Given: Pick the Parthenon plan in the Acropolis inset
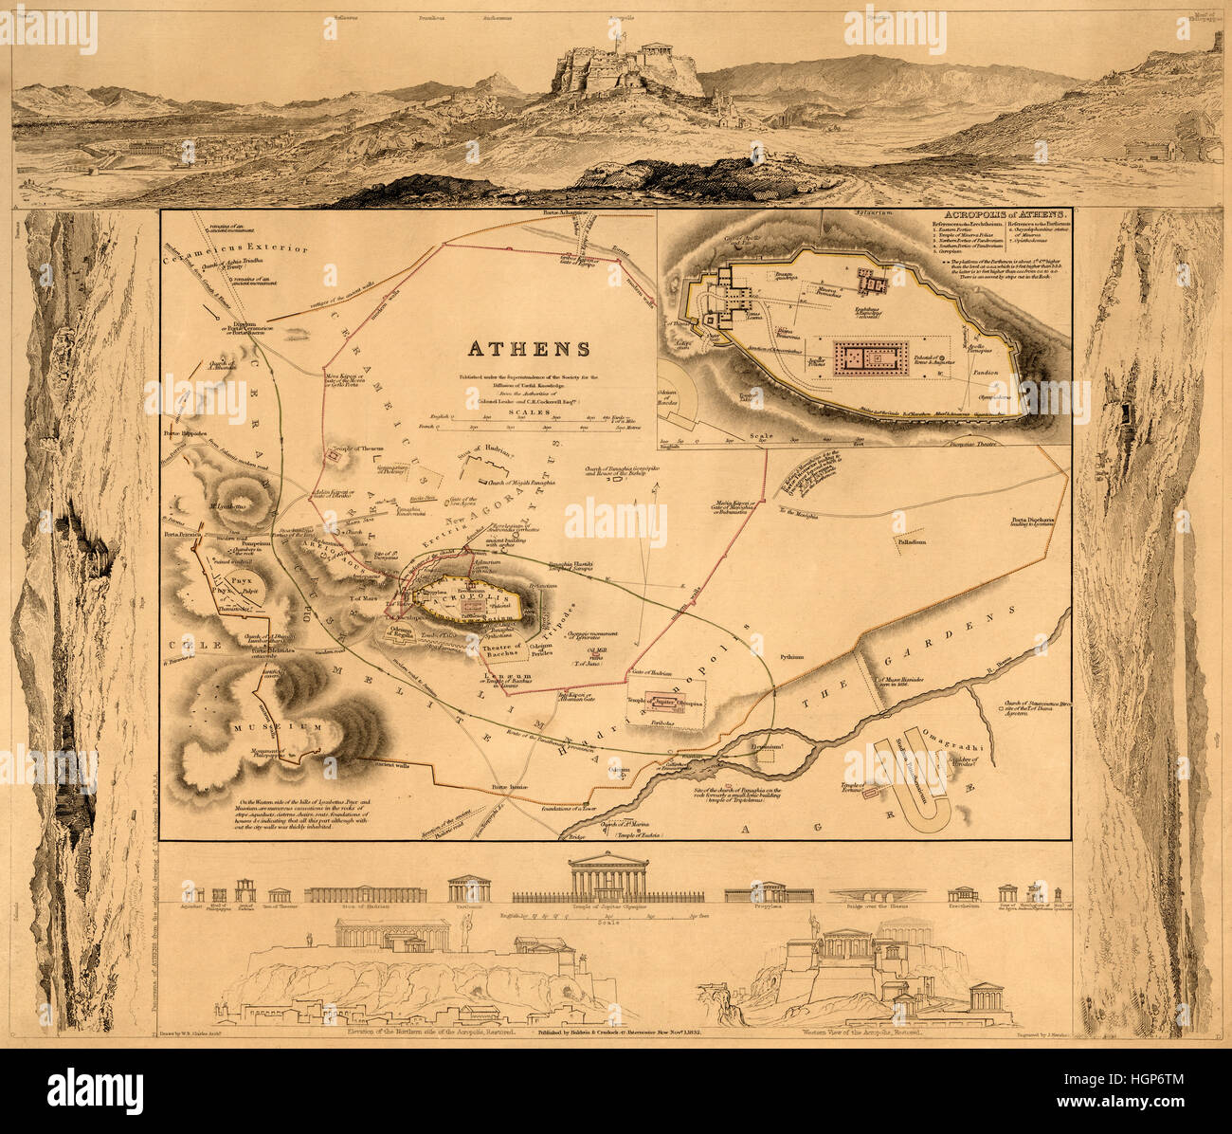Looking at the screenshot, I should (x=866, y=357).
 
